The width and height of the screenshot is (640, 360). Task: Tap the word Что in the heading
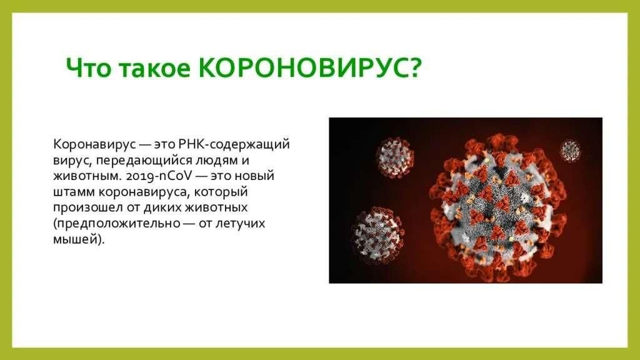pos(87,67)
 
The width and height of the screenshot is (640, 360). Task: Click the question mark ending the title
pos(414,67)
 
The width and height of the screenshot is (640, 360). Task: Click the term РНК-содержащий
pos(234,144)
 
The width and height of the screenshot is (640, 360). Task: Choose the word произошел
pos(87,207)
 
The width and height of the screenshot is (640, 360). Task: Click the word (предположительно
pos(117,224)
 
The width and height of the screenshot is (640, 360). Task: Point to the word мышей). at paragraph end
pos(79,239)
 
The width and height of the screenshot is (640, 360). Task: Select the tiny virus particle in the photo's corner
pos(570,150)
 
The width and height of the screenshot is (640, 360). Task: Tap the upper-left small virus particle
pos(394,157)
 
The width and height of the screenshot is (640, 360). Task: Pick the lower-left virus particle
pos(377,235)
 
